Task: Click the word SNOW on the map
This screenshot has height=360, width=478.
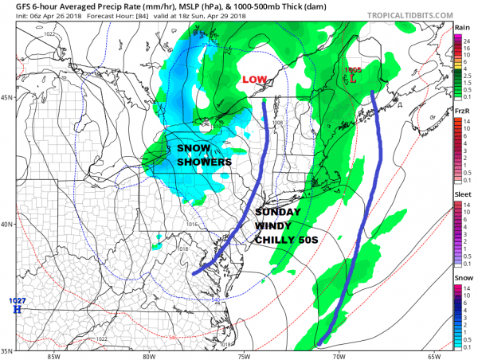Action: click(x=195, y=148)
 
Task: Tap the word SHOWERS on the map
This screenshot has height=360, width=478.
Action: click(x=204, y=162)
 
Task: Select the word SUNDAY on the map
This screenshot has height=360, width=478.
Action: click(x=278, y=213)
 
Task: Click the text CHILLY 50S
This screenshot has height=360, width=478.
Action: click(x=284, y=241)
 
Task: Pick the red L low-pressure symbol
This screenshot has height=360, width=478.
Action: click(x=354, y=80)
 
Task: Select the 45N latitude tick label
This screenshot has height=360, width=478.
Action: click(x=9, y=98)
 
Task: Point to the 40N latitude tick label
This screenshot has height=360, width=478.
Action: click(x=9, y=225)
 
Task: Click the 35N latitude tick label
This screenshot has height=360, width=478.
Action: click(x=9, y=350)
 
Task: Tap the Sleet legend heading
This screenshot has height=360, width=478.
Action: click(x=461, y=192)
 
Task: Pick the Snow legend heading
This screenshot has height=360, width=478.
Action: click(x=461, y=273)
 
